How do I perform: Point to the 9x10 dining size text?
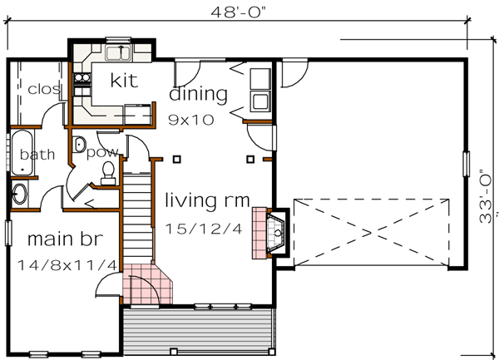tap(190, 119)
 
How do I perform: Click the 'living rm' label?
tap(204, 200)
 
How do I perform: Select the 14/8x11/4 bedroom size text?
tap(67, 265)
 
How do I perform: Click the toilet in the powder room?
tap(107, 173)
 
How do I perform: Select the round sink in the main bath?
tap(19, 195)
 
